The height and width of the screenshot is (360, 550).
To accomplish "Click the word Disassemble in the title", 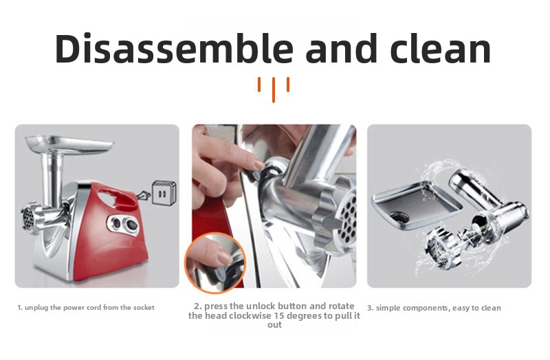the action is click(174, 48).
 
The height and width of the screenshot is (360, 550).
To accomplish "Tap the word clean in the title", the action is click(440, 48).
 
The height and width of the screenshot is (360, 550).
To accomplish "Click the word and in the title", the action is click(341, 48).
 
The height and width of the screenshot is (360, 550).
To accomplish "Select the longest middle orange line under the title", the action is click(274, 90).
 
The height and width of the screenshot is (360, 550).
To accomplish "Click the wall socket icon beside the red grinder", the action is click(164, 192).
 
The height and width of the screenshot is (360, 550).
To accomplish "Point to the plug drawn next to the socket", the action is click(144, 196).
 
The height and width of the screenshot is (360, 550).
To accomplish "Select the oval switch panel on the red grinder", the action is click(124, 224).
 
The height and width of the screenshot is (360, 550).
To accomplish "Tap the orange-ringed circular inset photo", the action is click(214, 263).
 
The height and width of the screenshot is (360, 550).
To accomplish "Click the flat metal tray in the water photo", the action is click(417, 203).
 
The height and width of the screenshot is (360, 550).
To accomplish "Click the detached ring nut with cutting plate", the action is click(442, 248).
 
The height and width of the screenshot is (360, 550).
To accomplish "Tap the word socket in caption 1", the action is click(144, 308).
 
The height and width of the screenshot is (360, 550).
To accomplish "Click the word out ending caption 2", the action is click(274, 324).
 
